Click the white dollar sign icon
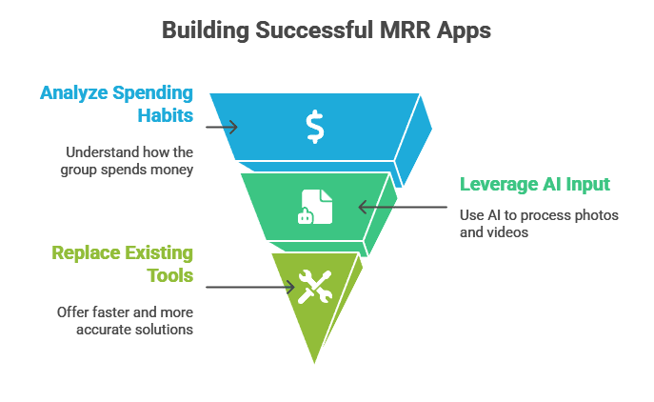tap(315, 127)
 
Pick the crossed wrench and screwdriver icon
tap(314, 286)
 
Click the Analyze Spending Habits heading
tap(116, 105)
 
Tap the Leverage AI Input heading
tap(535, 184)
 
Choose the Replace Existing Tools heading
tap(123, 264)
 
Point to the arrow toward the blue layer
tap(221, 127)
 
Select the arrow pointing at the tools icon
tap(249, 286)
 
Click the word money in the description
tap(173, 170)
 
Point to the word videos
tap(508, 231)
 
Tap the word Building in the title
tap(201, 30)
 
